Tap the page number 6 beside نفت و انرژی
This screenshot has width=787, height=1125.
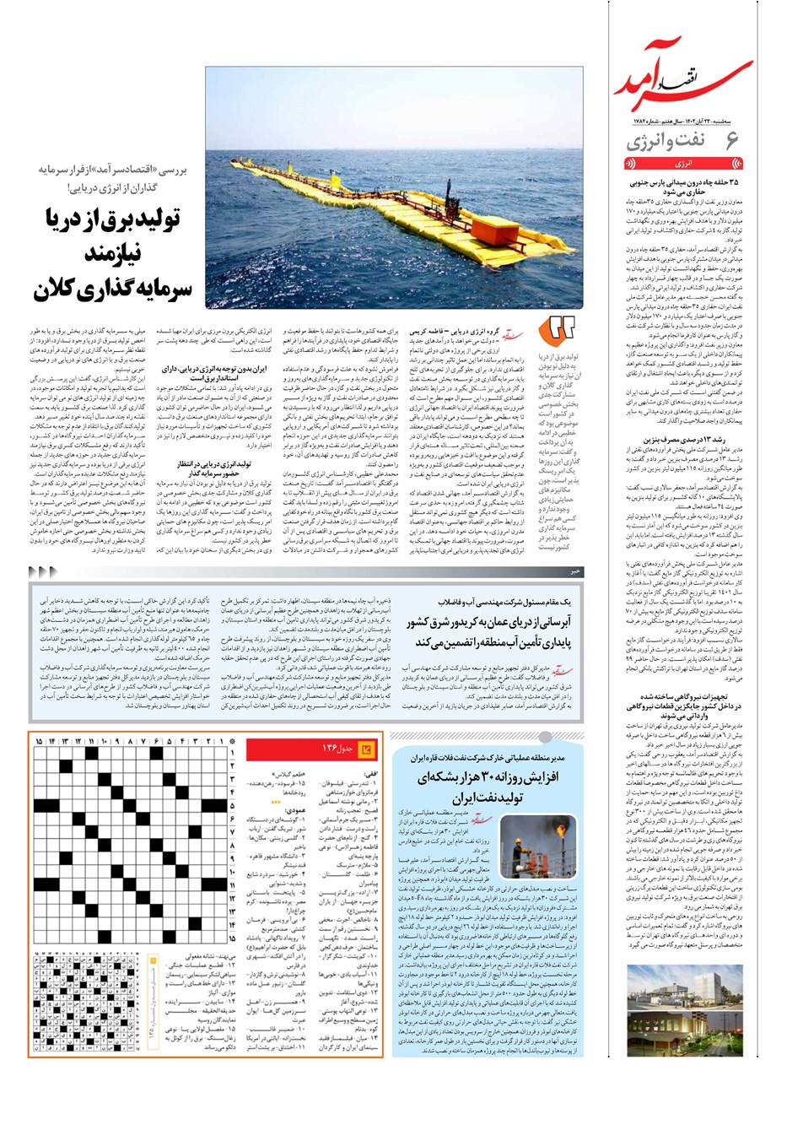tap(731, 141)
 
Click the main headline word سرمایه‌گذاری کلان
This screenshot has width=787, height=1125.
tap(114, 289)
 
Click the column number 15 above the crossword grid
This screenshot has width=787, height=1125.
tap(39, 742)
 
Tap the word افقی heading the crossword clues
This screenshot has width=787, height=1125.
tap(369, 773)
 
